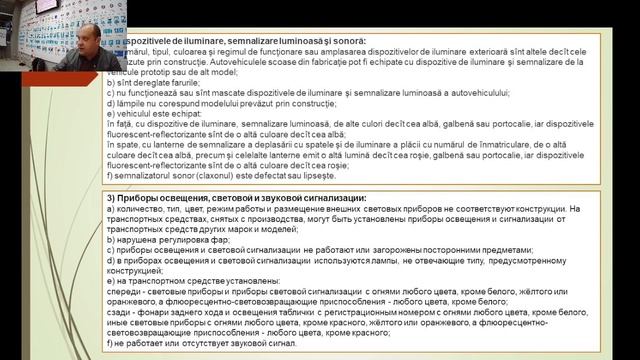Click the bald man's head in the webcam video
click(83, 19)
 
